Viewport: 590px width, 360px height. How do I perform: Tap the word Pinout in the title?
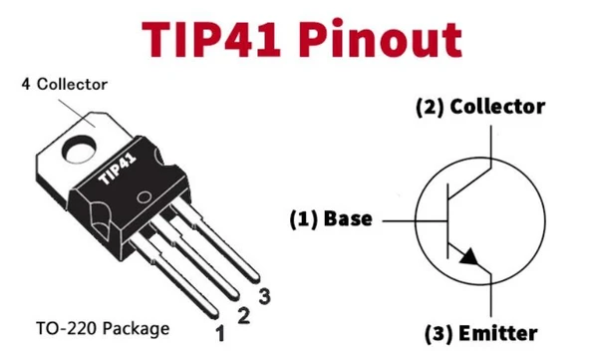pos(385,39)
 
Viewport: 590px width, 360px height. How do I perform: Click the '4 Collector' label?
pos(64,84)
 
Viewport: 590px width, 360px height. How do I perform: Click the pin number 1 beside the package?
pos(219,332)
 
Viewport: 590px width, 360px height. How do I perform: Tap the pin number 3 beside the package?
pos(264,296)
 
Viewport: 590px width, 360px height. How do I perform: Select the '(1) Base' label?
pos(330,218)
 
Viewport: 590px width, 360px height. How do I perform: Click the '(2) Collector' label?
pos(479,108)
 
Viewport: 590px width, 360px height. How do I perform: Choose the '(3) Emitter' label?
pos(480,333)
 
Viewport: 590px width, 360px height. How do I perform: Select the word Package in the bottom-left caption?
pos(136,327)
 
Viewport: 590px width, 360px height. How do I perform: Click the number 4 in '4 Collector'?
pos(25,84)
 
